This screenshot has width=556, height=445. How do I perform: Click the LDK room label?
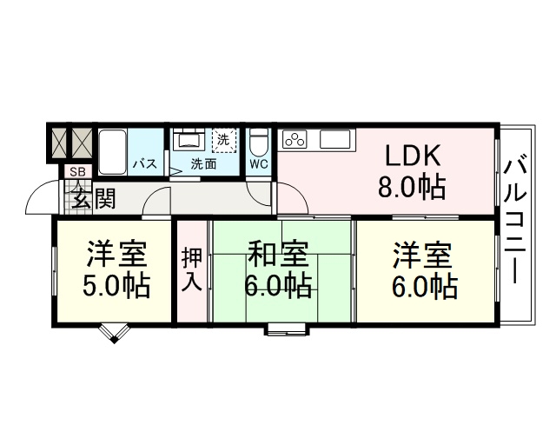413,156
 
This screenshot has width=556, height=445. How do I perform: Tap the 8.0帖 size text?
411,187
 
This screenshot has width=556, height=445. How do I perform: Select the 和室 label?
278,254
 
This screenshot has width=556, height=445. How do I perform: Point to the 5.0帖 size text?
116,285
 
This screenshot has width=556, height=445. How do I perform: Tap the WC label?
259,164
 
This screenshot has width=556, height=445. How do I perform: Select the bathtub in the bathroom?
112,152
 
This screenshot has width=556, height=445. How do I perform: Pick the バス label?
145,164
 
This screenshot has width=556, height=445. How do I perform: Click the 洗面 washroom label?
203,164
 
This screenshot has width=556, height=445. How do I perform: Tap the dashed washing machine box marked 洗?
224,140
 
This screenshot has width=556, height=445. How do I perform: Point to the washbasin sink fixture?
189,138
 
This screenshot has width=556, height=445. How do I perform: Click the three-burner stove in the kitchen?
295,139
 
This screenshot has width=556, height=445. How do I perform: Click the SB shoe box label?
78,172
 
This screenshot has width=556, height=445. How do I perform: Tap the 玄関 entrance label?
94,198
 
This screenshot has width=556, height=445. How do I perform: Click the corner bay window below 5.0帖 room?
114,333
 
